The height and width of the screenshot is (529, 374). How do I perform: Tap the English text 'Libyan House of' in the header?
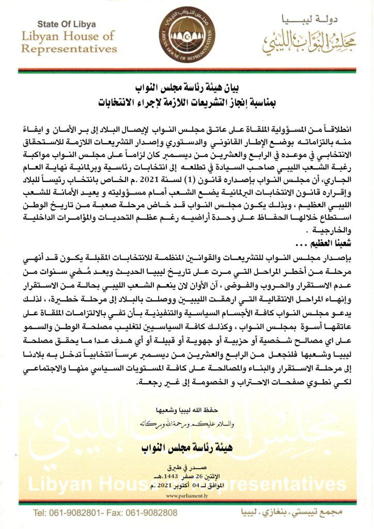point(69,36)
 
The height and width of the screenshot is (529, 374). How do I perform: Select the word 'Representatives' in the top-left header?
point(69,49)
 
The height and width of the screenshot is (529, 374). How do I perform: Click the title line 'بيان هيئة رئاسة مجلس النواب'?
point(186,86)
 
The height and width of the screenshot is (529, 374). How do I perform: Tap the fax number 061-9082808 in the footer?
point(153,514)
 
